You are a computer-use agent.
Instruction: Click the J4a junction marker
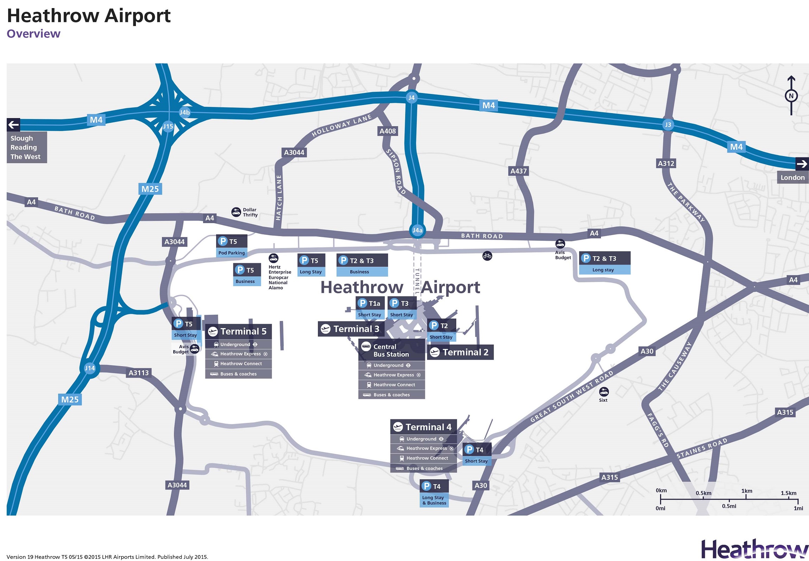(x=417, y=230)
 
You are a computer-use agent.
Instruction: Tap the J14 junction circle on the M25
(x=90, y=368)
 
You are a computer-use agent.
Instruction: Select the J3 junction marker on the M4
(x=667, y=125)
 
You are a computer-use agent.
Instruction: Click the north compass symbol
(x=791, y=95)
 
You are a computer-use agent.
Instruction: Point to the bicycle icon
(x=487, y=256)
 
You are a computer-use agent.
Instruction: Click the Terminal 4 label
(x=424, y=427)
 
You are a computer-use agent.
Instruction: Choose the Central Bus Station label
(x=391, y=350)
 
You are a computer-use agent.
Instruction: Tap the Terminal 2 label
(x=460, y=352)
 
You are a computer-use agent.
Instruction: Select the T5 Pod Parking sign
(x=231, y=246)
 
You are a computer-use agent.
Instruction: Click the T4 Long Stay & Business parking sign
(x=434, y=494)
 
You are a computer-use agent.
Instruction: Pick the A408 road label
(x=388, y=131)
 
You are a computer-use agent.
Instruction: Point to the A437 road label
(x=519, y=171)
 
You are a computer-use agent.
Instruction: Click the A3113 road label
(x=138, y=373)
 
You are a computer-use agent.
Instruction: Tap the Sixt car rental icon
(x=604, y=392)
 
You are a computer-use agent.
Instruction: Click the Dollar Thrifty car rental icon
(x=236, y=212)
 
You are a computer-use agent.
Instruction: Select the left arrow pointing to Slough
(x=13, y=125)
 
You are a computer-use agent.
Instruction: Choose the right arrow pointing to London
(x=802, y=164)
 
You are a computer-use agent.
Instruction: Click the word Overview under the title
(x=33, y=34)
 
